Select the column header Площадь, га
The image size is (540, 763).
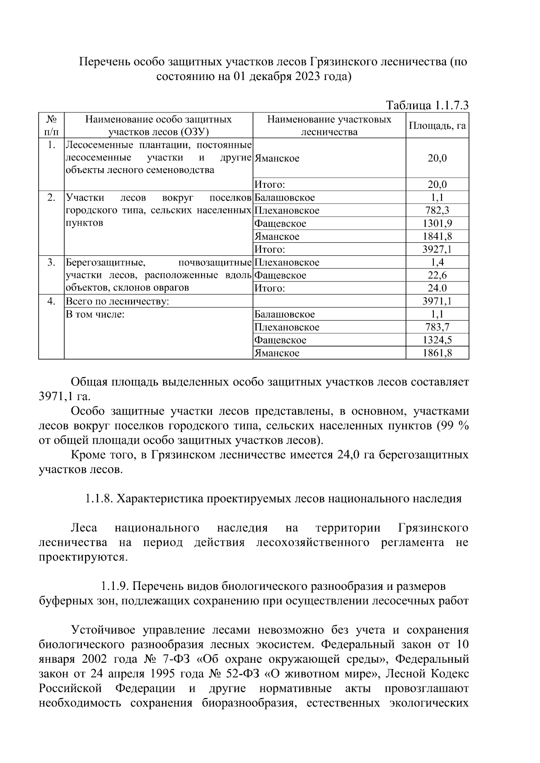point(437,125)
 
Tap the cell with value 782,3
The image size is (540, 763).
point(437,210)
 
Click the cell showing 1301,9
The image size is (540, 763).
point(437,223)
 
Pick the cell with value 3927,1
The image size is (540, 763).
point(437,250)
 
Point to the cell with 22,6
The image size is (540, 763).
point(437,276)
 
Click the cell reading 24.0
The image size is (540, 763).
point(437,289)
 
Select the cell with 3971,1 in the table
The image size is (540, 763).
point(437,301)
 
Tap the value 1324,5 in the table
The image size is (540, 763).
point(437,340)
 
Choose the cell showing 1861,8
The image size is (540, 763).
point(437,353)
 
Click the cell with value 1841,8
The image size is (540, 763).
point(437,236)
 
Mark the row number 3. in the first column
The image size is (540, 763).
point(51,263)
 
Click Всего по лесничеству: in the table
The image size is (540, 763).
point(117,301)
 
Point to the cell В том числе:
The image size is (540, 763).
point(95,314)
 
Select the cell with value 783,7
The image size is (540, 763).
point(437,327)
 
